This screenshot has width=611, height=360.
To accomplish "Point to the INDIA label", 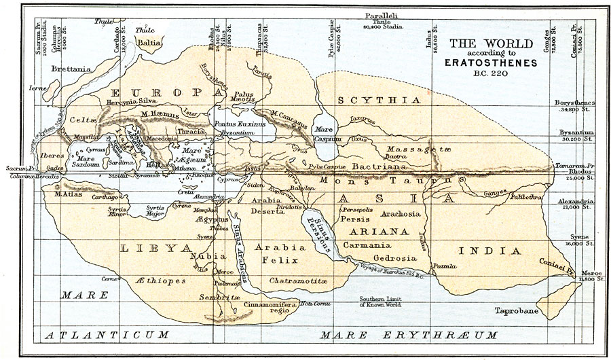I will pyautogui.click(x=485, y=251).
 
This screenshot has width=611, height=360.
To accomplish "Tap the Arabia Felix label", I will pyautogui.click(x=282, y=251).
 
